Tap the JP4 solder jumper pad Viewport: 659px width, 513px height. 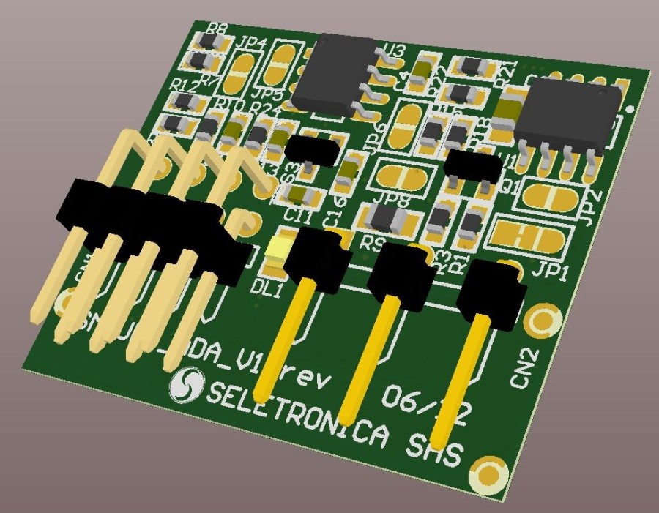click(241, 72)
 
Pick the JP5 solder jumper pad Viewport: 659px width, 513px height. click(281, 64)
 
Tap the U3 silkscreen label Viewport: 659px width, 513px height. click(393, 51)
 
